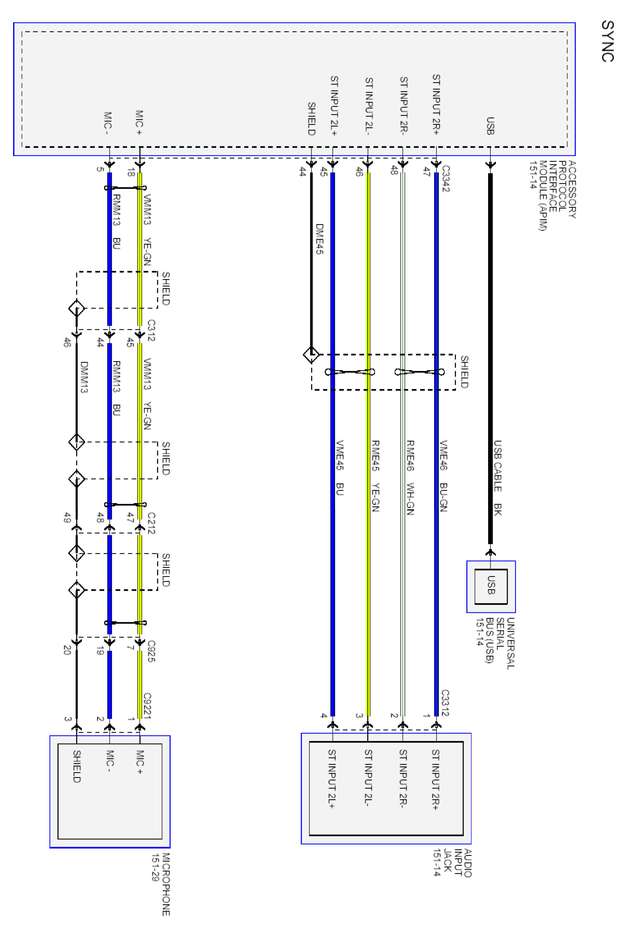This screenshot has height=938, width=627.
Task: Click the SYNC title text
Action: [x=607, y=41]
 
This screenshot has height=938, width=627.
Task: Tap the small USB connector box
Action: [x=491, y=586]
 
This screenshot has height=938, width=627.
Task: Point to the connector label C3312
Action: [x=445, y=703]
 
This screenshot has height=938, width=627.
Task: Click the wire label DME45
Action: [x=319, y=239]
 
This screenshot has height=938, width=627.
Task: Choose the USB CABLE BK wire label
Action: [x=498, y=478]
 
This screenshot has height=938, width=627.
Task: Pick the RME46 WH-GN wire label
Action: [x=410, y=477]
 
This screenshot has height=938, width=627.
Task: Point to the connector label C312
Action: [x=151, y=330]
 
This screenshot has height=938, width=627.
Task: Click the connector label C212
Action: [x=151, y=523]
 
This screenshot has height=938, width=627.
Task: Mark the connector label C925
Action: [x=151, y=651]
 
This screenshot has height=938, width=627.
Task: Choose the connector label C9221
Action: [x=147, y=705]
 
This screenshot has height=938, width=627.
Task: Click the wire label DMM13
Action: [x=84, y=377]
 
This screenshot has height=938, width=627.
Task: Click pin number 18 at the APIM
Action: [x=130, y=173]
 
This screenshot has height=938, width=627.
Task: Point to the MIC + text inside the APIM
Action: [x=139, y=123]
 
